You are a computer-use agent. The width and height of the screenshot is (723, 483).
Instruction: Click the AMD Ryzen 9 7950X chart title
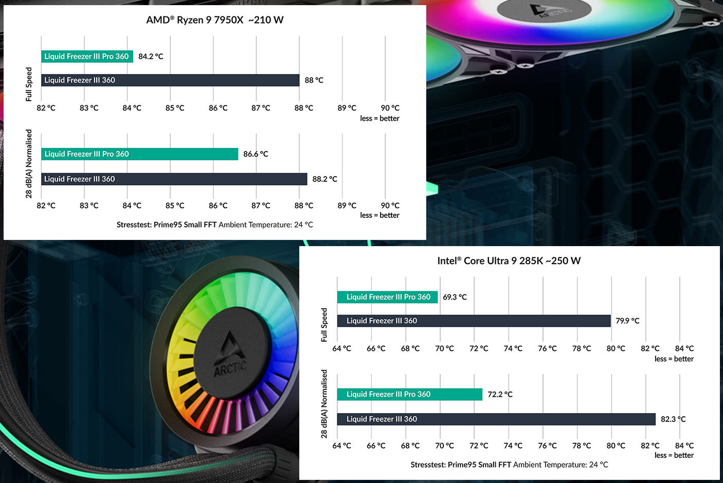(214, 20)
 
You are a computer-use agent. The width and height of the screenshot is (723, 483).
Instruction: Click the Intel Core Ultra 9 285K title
(509, 261)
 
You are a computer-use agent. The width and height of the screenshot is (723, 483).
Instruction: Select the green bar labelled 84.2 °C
(87, 57)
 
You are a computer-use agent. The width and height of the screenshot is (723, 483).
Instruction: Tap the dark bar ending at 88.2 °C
(174, 179)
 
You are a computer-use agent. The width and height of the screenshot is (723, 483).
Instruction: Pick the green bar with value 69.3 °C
(387, 297)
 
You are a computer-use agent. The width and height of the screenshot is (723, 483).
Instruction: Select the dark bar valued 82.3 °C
(496, 419)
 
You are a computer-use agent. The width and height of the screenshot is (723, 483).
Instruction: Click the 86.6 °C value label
(256, 154)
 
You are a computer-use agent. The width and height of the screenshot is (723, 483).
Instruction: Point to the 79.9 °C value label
(627, 321)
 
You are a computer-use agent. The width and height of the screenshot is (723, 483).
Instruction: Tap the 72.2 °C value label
(500, 395)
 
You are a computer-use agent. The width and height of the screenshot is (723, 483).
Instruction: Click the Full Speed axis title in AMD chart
(29, 84)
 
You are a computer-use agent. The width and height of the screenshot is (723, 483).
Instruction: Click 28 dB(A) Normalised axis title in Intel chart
(324, 404)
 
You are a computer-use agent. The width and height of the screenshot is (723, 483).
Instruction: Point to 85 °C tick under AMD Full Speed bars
(175, 108)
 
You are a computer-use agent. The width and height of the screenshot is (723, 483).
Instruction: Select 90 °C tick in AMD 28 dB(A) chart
(390, 206)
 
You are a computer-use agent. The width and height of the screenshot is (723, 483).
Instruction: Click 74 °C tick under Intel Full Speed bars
(513, 348)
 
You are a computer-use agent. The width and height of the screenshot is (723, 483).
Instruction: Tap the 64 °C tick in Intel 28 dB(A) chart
(341, 445)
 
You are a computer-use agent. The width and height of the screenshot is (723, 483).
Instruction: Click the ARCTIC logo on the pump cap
(230, 355)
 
